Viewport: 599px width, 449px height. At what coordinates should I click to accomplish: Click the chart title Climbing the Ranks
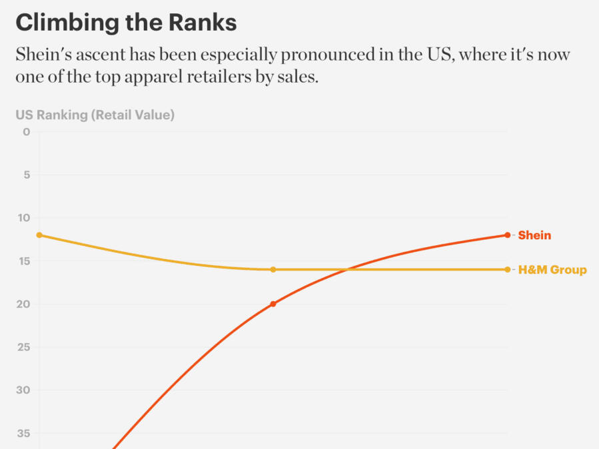pos(126,23)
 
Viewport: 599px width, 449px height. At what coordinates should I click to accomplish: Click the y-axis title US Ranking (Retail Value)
pos(95,115)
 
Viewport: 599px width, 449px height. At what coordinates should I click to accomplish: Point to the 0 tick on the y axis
pos(27,132)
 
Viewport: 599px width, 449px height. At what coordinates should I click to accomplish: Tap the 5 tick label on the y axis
pos(27,175)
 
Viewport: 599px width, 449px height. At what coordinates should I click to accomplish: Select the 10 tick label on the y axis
pos(24,218)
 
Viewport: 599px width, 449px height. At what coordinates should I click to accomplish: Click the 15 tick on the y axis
pos(24,261)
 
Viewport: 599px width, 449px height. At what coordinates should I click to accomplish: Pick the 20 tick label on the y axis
pos(24,304)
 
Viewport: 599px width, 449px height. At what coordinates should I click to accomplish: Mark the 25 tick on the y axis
pos(24,347)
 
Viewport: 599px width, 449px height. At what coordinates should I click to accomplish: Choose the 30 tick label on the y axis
pos(24,390)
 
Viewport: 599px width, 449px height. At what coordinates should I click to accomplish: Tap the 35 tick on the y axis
pos(24,434)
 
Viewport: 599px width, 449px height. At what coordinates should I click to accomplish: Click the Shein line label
pos(534,235)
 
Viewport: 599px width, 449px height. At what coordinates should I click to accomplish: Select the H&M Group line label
pos(552,270)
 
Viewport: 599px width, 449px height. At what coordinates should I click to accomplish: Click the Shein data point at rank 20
pos(273,304)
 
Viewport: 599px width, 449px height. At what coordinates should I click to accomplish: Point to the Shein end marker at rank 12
pos(507,235)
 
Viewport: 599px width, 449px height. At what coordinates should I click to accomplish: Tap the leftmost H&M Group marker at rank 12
pos(39,235)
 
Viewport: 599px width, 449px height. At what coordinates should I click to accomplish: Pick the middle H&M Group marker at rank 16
pos(273,270)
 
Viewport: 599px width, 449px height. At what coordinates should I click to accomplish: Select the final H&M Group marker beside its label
pos(507,270)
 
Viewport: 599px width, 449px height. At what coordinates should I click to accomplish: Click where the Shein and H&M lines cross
pos(346,270)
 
